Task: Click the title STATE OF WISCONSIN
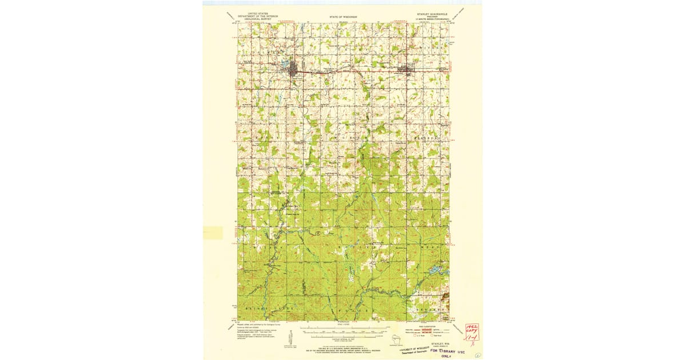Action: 343,18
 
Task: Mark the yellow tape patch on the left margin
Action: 213,233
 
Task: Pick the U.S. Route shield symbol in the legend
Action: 417,337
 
